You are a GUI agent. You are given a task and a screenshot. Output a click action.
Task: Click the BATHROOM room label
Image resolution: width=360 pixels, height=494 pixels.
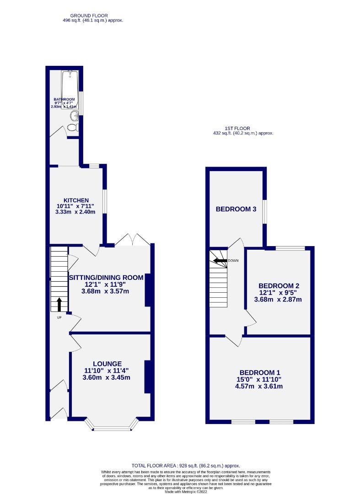[64, 99]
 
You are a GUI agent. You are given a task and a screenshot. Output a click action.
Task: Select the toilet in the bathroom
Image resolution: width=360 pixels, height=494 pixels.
[73, 127]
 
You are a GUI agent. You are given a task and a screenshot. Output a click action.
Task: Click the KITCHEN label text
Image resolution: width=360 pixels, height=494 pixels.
[76, 200]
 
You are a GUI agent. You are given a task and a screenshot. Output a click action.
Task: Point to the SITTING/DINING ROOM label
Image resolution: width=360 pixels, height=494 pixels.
[106, 277]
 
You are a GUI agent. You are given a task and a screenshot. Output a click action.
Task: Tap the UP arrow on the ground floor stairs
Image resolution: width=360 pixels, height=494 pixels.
[59, 304]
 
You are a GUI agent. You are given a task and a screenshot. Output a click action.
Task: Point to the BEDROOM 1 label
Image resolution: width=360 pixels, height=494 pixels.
[259, 372]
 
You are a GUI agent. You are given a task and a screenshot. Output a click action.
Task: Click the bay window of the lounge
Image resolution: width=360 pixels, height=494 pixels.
[112, 428]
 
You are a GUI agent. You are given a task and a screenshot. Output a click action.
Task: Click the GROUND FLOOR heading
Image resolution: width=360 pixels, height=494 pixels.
[92, 16]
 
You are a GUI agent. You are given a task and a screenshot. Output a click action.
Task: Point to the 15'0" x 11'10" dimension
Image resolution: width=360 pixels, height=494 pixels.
[259, 379]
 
